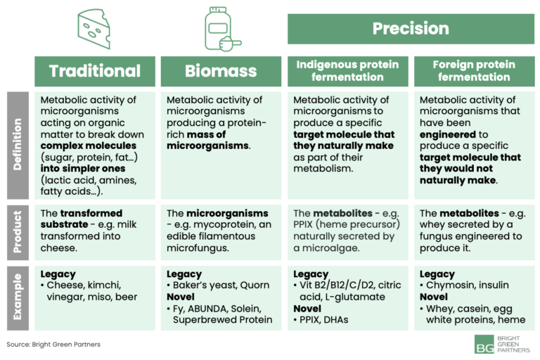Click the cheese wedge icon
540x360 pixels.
(95, 30)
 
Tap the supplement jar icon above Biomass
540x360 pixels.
(221, 30)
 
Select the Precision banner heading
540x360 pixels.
(411, 29)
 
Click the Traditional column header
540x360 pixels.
(95, 71)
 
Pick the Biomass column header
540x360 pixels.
(221, 71)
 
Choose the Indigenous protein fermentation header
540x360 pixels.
(347, 71)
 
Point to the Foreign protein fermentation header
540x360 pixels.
(473, 71)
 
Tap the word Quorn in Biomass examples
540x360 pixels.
(255, 285)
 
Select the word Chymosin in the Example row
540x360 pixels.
(450, 285)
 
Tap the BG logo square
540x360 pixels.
(484, 344)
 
